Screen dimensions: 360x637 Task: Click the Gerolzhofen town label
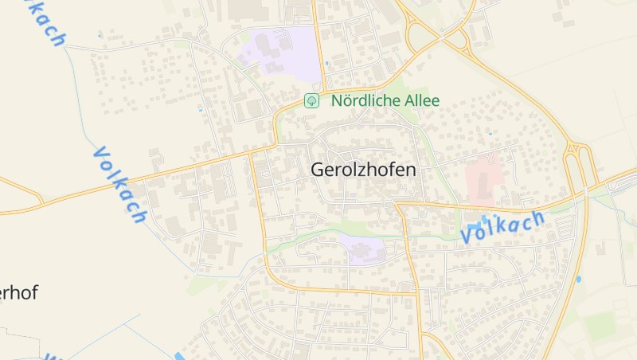363,170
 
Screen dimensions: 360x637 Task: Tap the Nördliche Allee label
385,101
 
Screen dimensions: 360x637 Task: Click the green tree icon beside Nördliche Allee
311,101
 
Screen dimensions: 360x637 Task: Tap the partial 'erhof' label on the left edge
18,292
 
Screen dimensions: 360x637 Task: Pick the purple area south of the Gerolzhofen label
362,248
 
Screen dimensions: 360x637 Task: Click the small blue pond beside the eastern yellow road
579,280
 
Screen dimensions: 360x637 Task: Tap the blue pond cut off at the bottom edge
178,356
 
